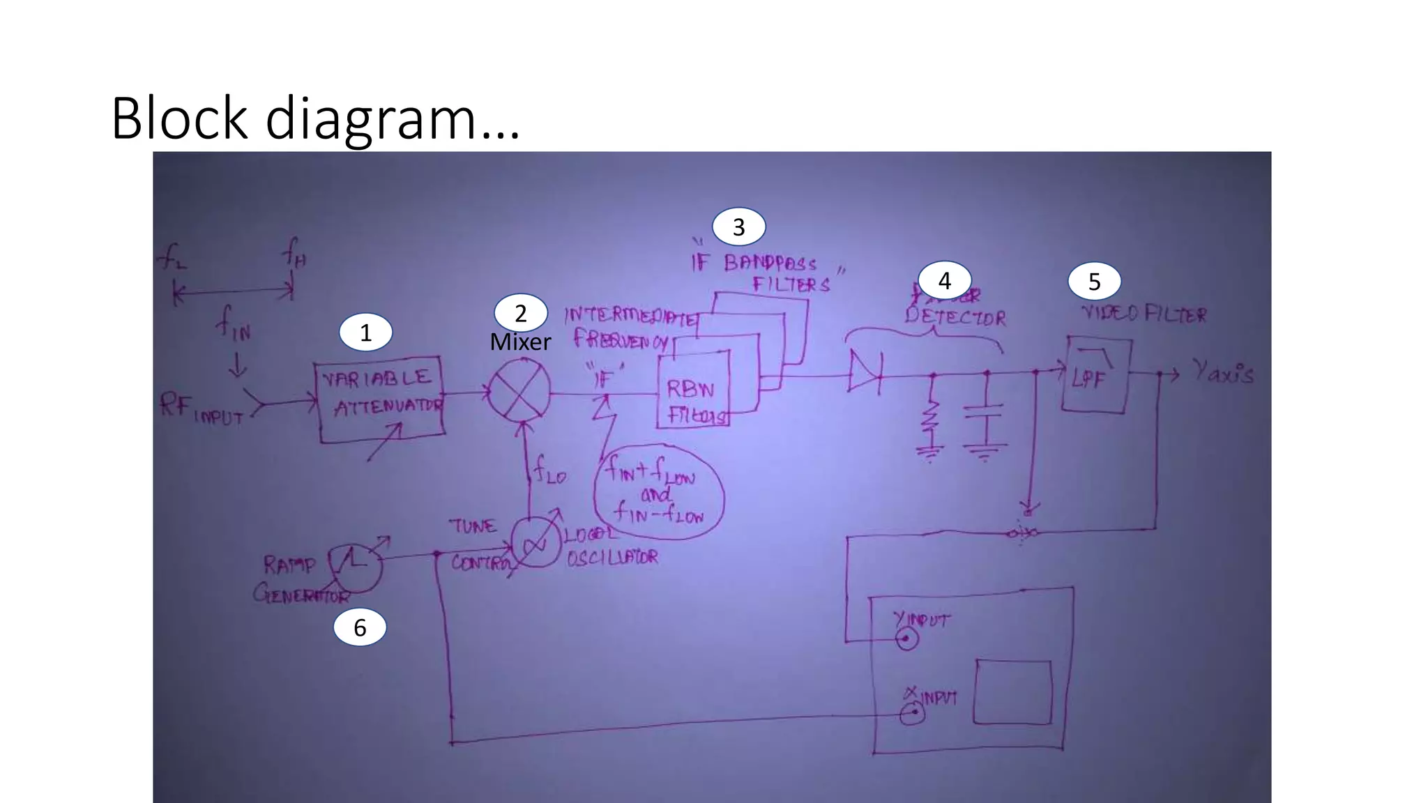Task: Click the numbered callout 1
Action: pos(365,333)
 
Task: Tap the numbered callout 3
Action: pos(738,227)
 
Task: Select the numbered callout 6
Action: pos(360,627)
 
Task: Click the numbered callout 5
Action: pos(1094,282)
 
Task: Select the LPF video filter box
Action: pos(1095,376)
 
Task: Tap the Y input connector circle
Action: pos(906,638)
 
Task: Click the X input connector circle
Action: pos(911,714)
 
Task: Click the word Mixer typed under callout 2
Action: pos(520,342)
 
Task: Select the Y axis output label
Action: pos(1222,372)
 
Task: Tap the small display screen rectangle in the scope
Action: pos(1012,693)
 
